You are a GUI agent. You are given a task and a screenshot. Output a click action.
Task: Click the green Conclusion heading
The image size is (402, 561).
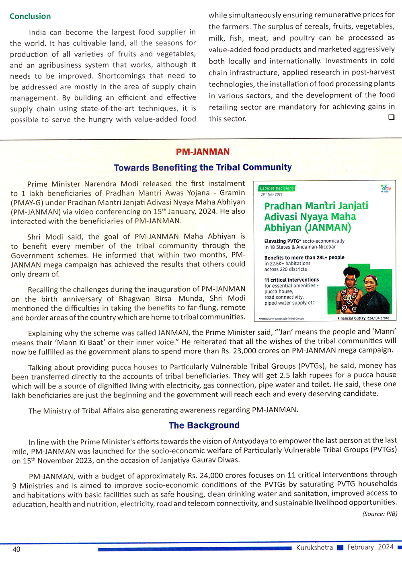30,16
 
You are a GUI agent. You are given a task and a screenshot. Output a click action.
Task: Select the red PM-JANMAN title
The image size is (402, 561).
203,152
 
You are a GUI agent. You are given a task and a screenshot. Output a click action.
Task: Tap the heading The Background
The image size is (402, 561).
204,425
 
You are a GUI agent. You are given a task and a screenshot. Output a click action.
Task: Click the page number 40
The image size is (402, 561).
16,549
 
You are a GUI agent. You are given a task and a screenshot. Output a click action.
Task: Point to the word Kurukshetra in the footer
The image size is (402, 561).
314,547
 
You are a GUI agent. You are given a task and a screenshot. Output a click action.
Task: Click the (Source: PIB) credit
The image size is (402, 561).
379,514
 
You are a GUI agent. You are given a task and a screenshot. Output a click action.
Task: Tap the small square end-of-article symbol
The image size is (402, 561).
391,117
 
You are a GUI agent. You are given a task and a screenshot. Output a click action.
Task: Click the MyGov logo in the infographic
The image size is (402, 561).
386,188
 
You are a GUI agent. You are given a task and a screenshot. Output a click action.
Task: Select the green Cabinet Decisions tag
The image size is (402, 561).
277,188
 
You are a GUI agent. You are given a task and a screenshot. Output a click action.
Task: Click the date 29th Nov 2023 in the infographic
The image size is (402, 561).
271,194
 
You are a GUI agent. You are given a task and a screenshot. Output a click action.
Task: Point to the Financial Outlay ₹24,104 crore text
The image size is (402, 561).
363,318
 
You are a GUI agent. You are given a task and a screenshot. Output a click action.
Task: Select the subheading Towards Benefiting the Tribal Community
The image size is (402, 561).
203,167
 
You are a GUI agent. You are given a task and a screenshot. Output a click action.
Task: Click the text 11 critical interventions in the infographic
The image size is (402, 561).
291,280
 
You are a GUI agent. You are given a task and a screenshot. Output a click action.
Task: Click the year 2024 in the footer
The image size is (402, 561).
386,547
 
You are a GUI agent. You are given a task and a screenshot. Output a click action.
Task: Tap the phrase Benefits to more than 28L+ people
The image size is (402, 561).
304,258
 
